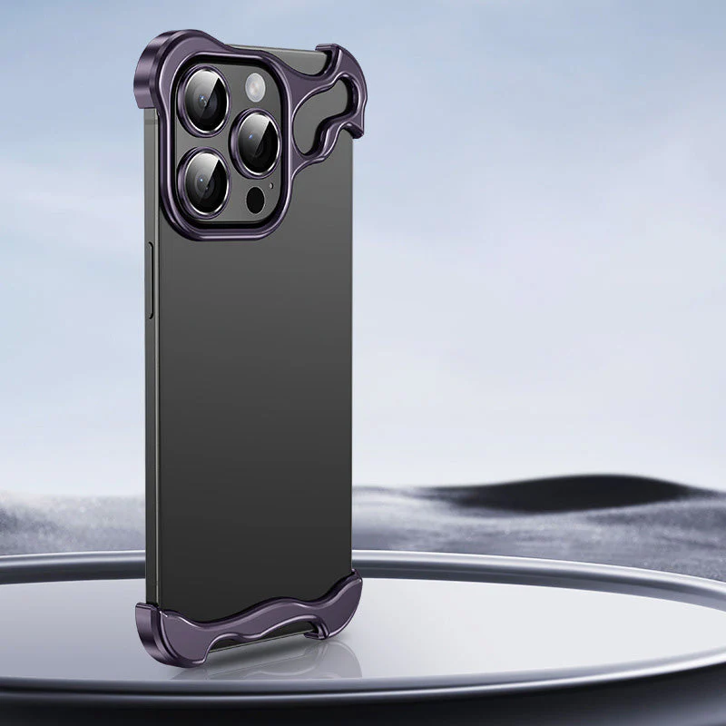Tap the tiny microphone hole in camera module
pyautogui.click(x=271, y=187)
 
